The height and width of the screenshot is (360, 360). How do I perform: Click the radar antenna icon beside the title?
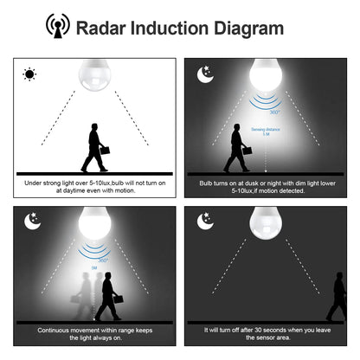click(58, 27)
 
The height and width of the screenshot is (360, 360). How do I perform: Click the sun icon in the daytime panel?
click(29, 74)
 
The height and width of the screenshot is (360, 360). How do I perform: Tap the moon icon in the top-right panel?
click(206, 74)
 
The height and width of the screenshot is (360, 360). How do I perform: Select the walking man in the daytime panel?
click(95, 148)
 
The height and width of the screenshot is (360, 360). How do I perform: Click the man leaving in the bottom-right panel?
click(337, 298)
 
